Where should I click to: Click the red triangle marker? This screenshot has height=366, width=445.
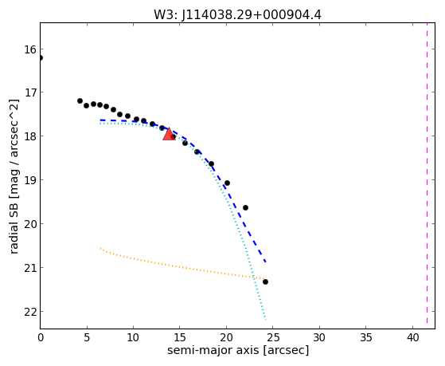click(x=169, y=134)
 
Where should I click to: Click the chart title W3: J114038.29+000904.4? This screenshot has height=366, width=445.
click(x=237, y=15)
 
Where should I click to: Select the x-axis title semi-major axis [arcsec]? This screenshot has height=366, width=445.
click(x=238, y=350)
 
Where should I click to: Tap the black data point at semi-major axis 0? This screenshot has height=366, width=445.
click(x=41, y=57)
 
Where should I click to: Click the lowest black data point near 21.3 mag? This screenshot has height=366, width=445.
click(x=265, y=281)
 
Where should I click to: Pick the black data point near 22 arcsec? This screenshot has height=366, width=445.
click(x=245, y=207)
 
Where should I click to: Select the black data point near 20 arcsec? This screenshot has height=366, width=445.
click(x=227, y=183)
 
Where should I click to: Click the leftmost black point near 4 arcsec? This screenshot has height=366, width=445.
click(x=80, y=100)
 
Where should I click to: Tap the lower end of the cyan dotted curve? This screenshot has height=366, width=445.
click(x=266, y=320)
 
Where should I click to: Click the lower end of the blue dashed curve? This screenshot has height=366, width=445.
click(x=265, y=262)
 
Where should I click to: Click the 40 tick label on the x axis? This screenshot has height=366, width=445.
click(x=412, y=337)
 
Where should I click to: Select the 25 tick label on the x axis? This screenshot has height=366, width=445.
click(x=273, y=337)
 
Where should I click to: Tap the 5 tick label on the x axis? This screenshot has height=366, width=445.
click(x=87, y=337)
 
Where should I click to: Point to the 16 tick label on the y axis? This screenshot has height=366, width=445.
click(x=30, y=49)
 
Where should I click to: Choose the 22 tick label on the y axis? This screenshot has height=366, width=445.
click(x=30, y=312)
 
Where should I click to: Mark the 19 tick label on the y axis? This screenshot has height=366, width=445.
click(x=30, y=180)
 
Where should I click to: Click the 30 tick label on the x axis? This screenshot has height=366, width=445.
click(x=319, y=337)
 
